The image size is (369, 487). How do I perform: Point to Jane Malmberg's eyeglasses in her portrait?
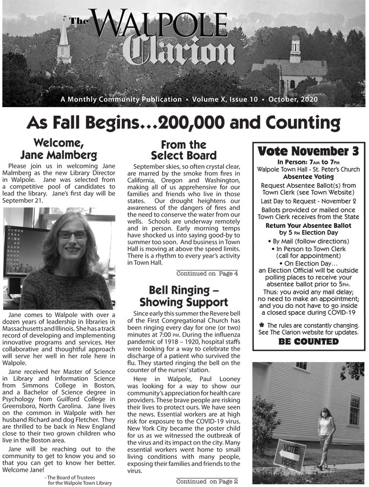[x=72, y=235]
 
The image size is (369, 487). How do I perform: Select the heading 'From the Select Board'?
[x=183, y=150]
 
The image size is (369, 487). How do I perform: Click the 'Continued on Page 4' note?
[x=207, y=273]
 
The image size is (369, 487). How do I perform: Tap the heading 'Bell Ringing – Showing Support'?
[x=183, y=295]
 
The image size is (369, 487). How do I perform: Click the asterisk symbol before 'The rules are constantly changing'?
[x=261, y=325]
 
